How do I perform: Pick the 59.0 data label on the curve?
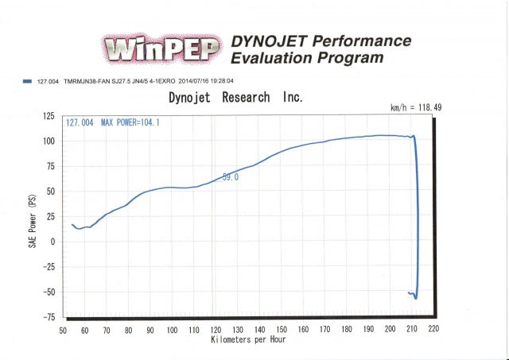(x=231, y=178)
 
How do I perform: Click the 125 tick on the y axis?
(x=49, y=116)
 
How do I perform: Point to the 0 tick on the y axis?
(x=53, y=242)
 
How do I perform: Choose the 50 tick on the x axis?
(x=64, y=328)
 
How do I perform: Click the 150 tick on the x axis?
(x=281, y=328)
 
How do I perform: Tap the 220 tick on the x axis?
(x=433, y=328)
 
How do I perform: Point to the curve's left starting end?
(x=72, y=225)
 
